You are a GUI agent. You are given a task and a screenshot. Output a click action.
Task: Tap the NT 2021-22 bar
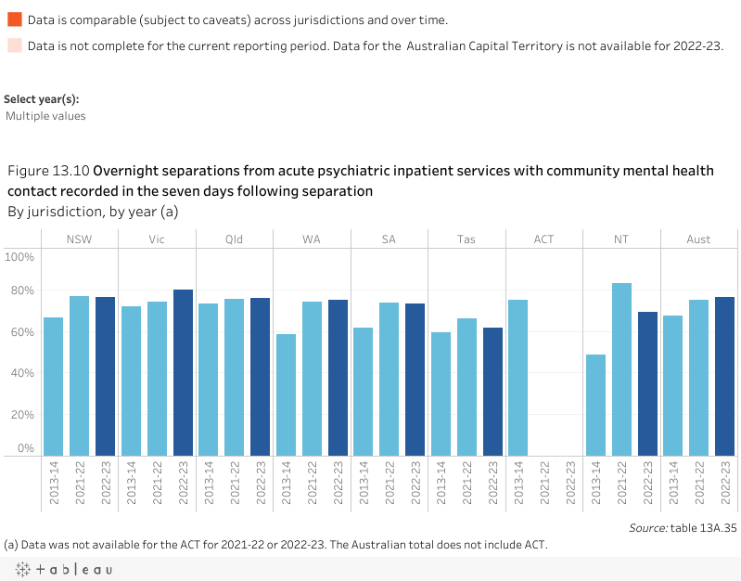coord(621,369)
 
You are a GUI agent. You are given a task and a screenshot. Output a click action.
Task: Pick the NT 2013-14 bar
coord(595,405)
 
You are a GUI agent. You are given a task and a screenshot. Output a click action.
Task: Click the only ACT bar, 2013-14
coord(517,378)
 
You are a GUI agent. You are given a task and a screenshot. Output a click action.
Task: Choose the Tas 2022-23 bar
coord(492,391)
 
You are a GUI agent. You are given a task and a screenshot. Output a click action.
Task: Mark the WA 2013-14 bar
coord(286,394)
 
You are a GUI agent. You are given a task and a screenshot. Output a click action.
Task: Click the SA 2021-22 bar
coord(389,379)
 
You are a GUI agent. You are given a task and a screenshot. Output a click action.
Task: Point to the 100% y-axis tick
coord(20,256)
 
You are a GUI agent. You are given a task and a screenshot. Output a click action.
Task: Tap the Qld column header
coord(234,239)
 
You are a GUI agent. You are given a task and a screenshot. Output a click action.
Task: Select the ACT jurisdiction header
coord(543,239)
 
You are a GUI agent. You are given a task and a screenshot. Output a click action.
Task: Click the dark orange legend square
coord(14,19)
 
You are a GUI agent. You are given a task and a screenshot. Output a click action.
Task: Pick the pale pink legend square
coord(14,45)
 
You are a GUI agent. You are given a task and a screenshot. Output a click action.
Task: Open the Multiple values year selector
coord(45,116)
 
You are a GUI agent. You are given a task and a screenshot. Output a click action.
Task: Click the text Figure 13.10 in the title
coord(48,171)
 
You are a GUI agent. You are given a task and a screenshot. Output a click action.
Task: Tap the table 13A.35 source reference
coord(706,527)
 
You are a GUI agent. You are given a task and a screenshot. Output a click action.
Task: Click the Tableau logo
coord(60,569)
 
